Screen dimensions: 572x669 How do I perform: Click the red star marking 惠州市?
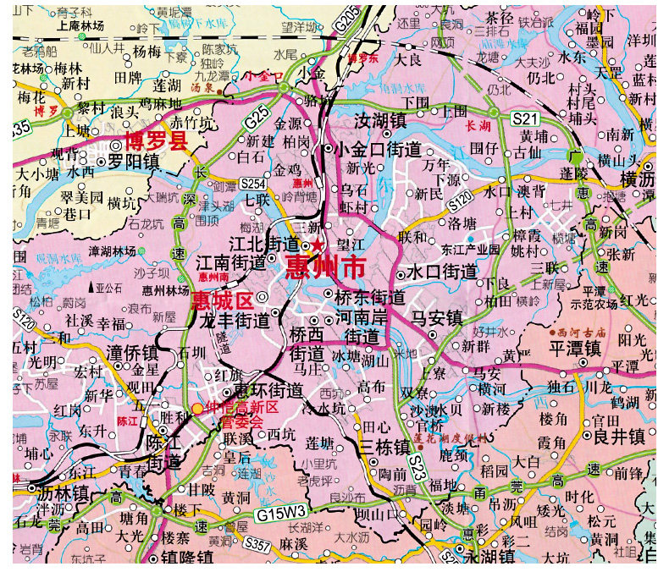coord(317,245)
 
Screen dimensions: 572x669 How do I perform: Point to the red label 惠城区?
coord(222,300)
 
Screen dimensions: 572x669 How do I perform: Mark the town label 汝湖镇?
coord(380,120)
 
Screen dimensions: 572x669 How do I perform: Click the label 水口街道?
coord(441,272)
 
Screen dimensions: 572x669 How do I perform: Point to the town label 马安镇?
coord(437,317)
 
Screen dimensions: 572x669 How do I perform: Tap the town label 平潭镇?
coord(575,349)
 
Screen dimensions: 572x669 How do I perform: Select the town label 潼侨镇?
coord(133,351)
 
